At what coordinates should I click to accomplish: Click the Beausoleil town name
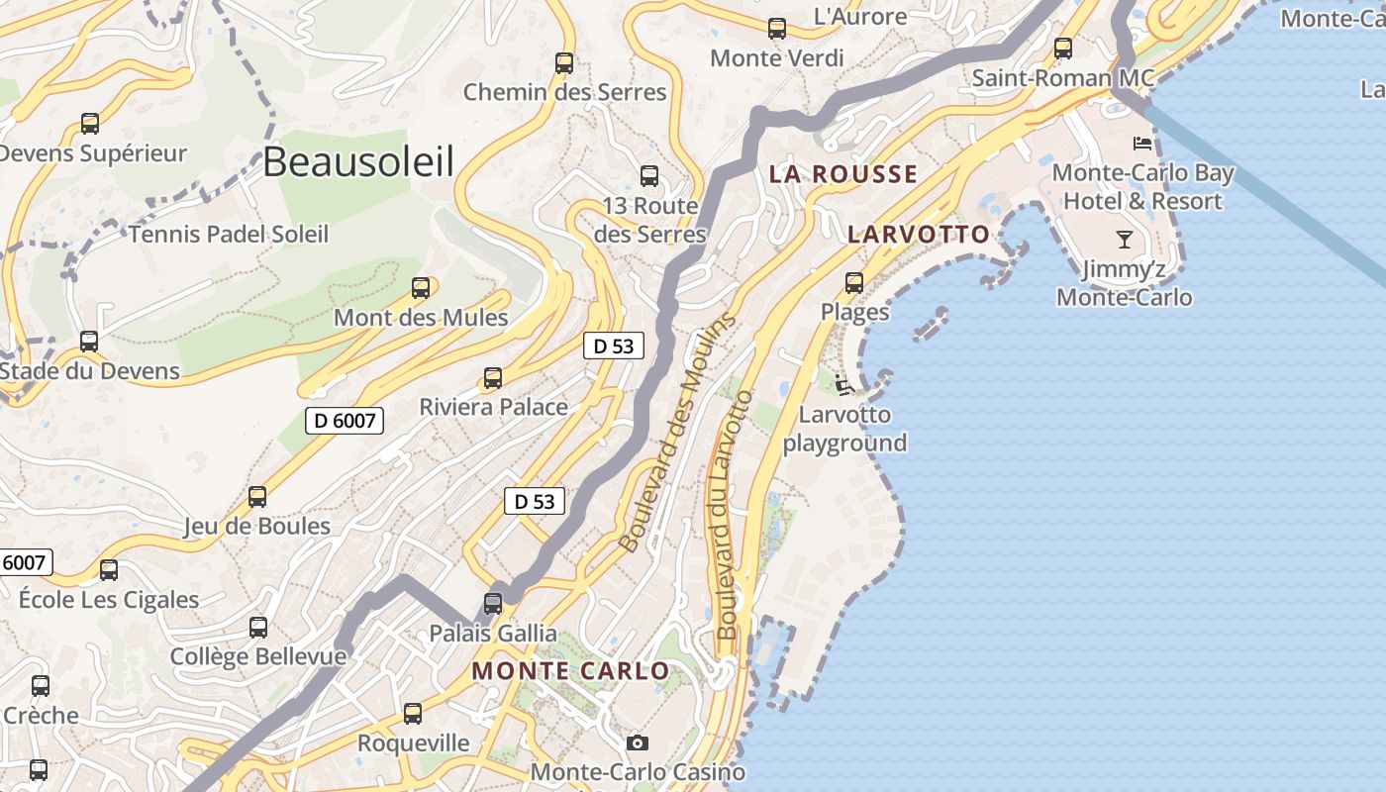click(x=358, y=161)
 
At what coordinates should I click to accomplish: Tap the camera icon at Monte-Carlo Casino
click(x=638, y=742)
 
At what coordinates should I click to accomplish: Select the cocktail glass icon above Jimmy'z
click(x=1124, y=239)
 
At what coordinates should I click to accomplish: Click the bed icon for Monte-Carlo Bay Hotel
click(x=1142, y=143)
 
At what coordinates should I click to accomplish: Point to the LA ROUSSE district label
click(x=843, y=174)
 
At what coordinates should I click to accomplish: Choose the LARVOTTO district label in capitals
click(x=919, y=234)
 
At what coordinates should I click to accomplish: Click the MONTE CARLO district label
click(x=570, y=670)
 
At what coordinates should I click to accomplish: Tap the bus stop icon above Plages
click(x=854, y=283)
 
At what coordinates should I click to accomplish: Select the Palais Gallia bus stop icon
click(x=493, y=603)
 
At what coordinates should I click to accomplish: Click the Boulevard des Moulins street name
click(x=678, y=433)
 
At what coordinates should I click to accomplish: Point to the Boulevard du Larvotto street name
click(x=733, y=515)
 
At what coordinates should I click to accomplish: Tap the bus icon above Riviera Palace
click(x=492, y=377)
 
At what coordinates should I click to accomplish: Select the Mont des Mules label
click(x=421, y=318)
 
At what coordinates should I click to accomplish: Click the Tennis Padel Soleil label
click(x=229, y=235)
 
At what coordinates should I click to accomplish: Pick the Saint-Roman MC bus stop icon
click(x=1063, y=48)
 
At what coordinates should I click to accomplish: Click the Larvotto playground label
click(x=844, y=429)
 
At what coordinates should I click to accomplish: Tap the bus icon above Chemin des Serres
click(x=564, y=63)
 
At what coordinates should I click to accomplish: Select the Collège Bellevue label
click(x=258, y=656)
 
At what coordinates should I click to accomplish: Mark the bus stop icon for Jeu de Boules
click(x=257, y=496)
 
